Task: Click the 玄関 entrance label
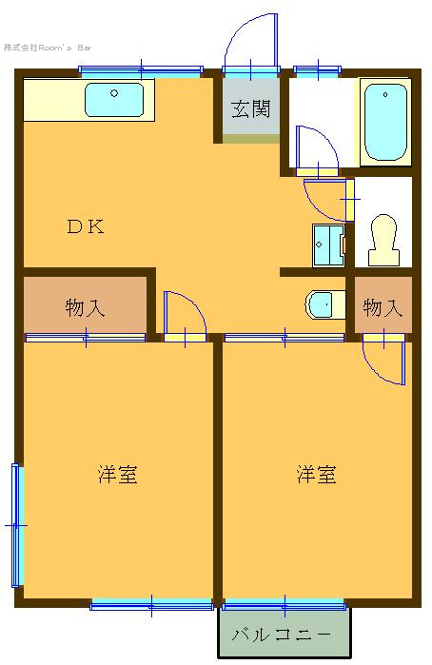pos(251,109)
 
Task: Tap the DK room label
pos(86,226)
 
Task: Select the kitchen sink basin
pos(114,100)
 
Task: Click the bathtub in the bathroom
pos(385,122)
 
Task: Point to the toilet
pos(384,240)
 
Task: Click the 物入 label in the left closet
pos(85,308)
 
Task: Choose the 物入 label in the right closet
pos(383,308)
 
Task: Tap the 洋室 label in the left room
pos(118,475)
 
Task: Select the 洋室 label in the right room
pos(317,475)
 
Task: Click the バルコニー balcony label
pos(282,635)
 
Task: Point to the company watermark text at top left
pos(48,48)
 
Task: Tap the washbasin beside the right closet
pos(324,304)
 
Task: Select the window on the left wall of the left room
pos(16,525)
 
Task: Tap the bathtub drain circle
pos(385,94)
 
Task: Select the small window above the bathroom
pos(318,70)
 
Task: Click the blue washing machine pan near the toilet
pos(328,245)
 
